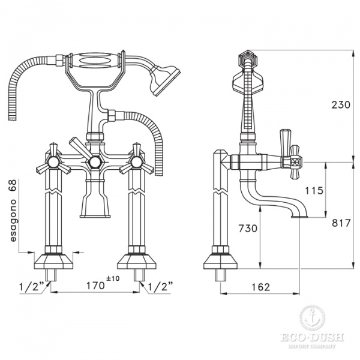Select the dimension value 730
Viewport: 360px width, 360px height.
[x=248, y=229]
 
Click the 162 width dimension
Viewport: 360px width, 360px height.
[x=260, y=287]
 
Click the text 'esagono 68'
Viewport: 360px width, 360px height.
[x=13, y=210]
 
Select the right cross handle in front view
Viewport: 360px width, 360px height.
[x=134, y=161]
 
